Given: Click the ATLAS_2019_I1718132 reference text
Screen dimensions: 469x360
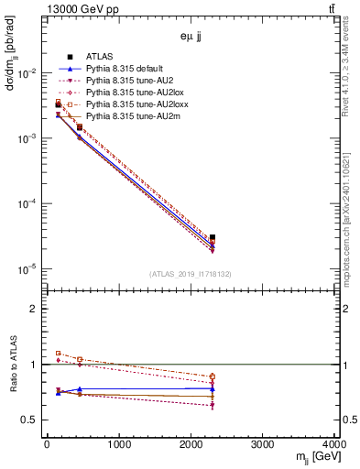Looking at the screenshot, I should (191, 274).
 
